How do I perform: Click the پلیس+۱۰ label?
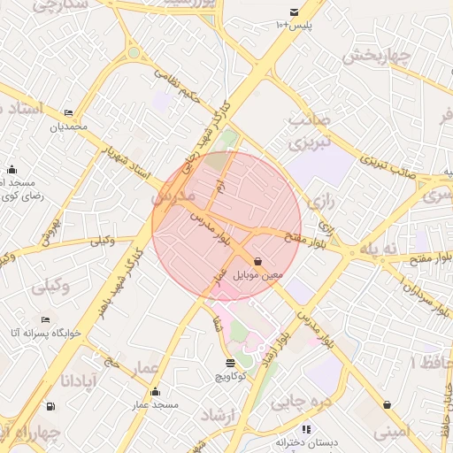(294, 24)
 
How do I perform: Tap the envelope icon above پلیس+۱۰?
(294, 12)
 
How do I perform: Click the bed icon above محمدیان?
(69, 113)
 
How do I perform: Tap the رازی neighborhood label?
(324, 203)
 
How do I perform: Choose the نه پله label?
(386, 250)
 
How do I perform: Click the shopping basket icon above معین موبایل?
(257, 262)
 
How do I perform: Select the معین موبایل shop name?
(258, 275)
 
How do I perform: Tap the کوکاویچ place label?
(232, 376)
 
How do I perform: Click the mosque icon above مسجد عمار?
(156, 392)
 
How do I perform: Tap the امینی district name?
(390, 433)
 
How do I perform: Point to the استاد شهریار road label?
(126, 161)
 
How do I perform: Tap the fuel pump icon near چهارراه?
(50, 406)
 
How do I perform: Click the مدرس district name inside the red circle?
(173, 195)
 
